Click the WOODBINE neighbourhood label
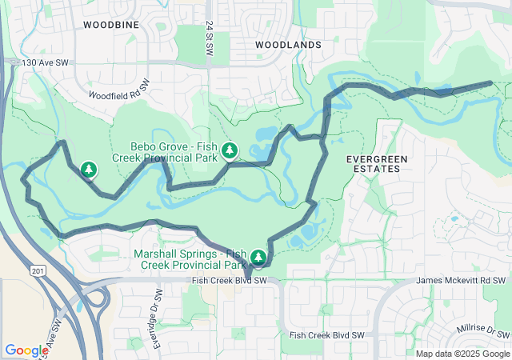pos(111,25)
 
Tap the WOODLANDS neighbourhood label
pos(288,46)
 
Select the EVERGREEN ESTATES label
pos(376,164)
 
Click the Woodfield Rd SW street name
pos(114,89)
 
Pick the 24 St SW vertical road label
pos(210,38)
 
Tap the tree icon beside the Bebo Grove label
pos(230,150)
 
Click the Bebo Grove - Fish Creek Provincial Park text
pos(174,152)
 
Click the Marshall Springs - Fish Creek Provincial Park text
pos(190,258)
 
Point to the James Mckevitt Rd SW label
pos(462,281)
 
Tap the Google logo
pos(26,350)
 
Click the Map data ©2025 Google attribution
pos(462,354)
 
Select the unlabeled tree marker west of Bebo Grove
pos(89,169)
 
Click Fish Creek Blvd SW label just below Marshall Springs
pos(230,281)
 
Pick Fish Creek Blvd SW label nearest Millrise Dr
pos(326,335)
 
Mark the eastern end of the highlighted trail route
pos(490,82)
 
